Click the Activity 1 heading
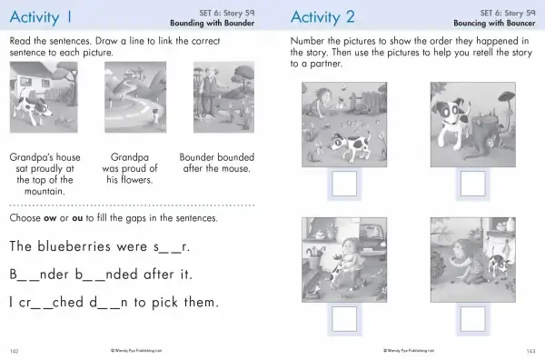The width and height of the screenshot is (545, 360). point(41,17)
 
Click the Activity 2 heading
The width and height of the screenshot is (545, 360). point(322,17)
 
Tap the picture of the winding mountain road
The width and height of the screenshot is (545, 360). point(135,97)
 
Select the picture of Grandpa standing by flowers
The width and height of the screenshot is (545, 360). point(223,97)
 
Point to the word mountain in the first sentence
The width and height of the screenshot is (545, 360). point(45,191)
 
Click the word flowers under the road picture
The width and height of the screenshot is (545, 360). point(129,179)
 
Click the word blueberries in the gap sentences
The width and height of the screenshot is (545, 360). point(75,246)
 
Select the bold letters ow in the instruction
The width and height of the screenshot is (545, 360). point(50,218)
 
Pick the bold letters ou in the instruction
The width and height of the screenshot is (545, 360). point(77,218)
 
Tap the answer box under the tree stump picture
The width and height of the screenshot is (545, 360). point(472,184)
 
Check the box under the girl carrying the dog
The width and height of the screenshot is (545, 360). point(344,319)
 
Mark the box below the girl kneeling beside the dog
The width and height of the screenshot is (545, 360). point(472,319)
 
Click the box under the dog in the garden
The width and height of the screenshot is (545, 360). point(344,184)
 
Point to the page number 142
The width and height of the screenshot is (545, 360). point(14,351)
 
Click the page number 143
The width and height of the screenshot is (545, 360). point(530,351)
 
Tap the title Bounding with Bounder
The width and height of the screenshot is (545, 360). point(212,24)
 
